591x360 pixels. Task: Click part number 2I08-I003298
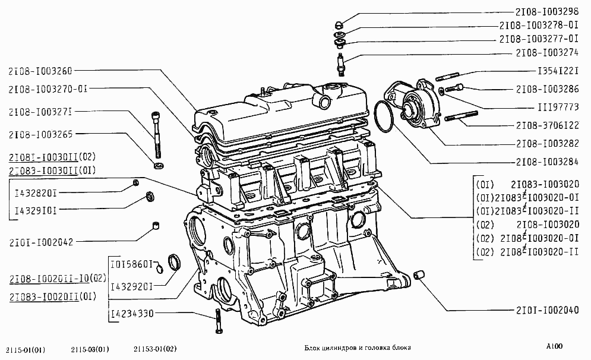(x=547, y=12)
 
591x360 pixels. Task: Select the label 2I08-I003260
(x=40, y=71)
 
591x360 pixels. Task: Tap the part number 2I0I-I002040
(x=547, y=310)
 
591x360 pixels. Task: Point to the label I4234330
(x=132, y=313)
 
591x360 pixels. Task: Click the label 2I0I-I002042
(x=41, y=242)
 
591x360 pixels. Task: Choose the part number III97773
(x=558, y=107)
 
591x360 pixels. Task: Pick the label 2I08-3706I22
(x=547, y=125)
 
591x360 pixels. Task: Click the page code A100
(x=554, y=346)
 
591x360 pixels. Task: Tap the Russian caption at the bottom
(x=358, y=348)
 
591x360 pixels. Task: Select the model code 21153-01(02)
(x=155, y=349)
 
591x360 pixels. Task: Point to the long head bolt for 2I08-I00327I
(x=156, y=135)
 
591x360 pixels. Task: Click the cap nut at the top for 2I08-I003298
(x=339, y=26)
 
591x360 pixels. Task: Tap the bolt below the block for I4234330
(x=218, y=321)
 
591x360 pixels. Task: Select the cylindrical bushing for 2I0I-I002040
(x=419, y=275)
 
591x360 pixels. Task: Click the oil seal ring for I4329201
(x=174, y=262)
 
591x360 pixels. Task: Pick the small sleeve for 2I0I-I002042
(x=155, y=226)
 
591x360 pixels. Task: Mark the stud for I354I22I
(x=447, y=77)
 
